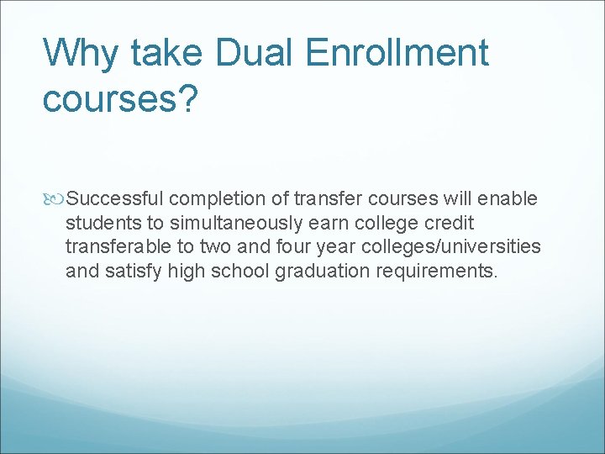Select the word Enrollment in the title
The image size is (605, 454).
tap(397, 53)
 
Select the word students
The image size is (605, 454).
tap(97, 223)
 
